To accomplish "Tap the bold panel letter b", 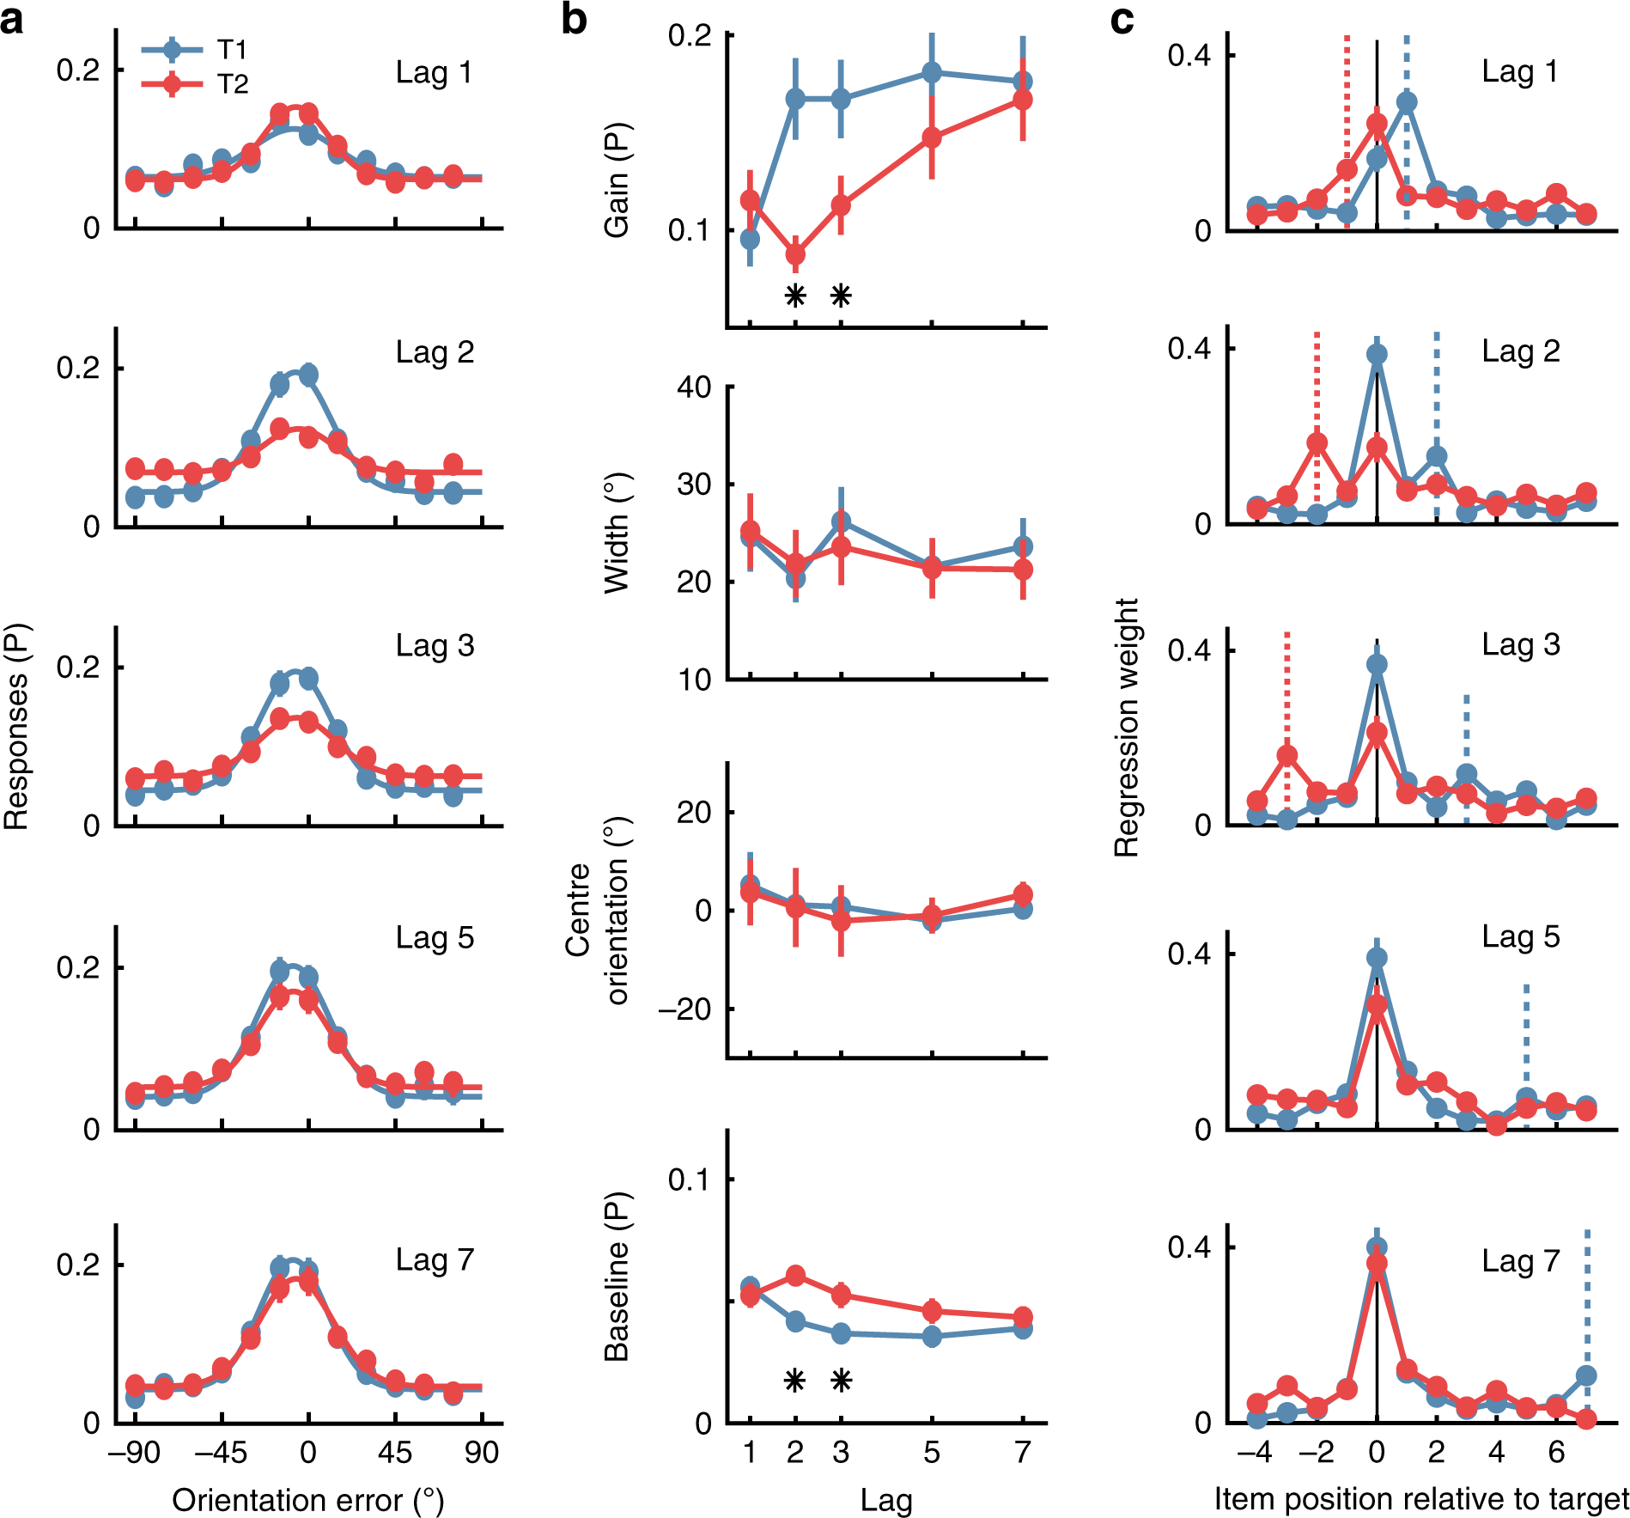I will pos(574,19).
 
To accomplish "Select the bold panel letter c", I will pos(1122,19).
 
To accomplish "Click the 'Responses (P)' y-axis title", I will pos(16,726).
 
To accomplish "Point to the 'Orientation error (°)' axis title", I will pos(307,1500).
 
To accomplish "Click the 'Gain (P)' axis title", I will pos(617,180).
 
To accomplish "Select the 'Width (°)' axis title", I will pos(617,533).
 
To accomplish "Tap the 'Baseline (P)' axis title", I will pos(617,1276).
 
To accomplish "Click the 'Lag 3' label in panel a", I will pos(435,646).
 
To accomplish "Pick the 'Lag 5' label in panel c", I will pos(1520,936).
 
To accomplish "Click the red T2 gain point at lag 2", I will pos(795,254).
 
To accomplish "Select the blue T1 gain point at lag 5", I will pos(932,73).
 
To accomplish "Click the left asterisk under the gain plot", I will pos(795,296).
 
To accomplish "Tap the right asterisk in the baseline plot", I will pos(842,1381).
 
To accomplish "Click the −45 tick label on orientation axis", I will pos(221,1453).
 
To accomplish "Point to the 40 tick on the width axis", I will pos(694,387).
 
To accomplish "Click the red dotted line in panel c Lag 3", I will pos(1286,687).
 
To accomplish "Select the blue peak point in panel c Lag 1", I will pos(1407,102).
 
